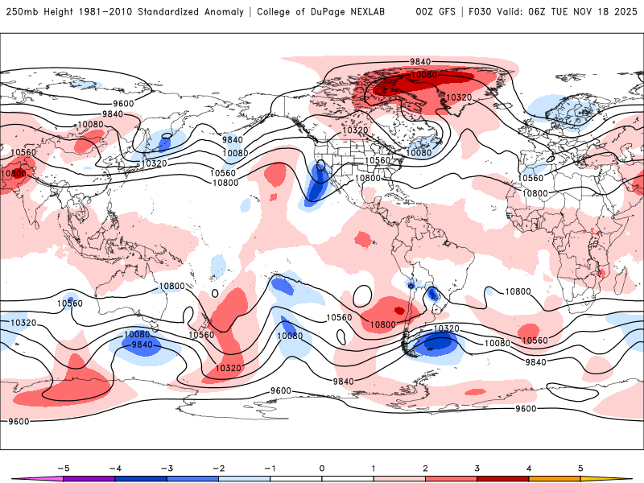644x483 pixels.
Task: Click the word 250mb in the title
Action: click(x=23, y=12)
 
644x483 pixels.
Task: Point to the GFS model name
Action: click(x=448, y=12)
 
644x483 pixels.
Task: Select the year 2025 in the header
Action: click(x=625, y=12)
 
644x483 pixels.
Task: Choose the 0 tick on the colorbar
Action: click(x=322, y=468)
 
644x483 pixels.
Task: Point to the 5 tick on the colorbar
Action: click(x=580, y=468)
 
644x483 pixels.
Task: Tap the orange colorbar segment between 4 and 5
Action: click(x=555, y=479)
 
